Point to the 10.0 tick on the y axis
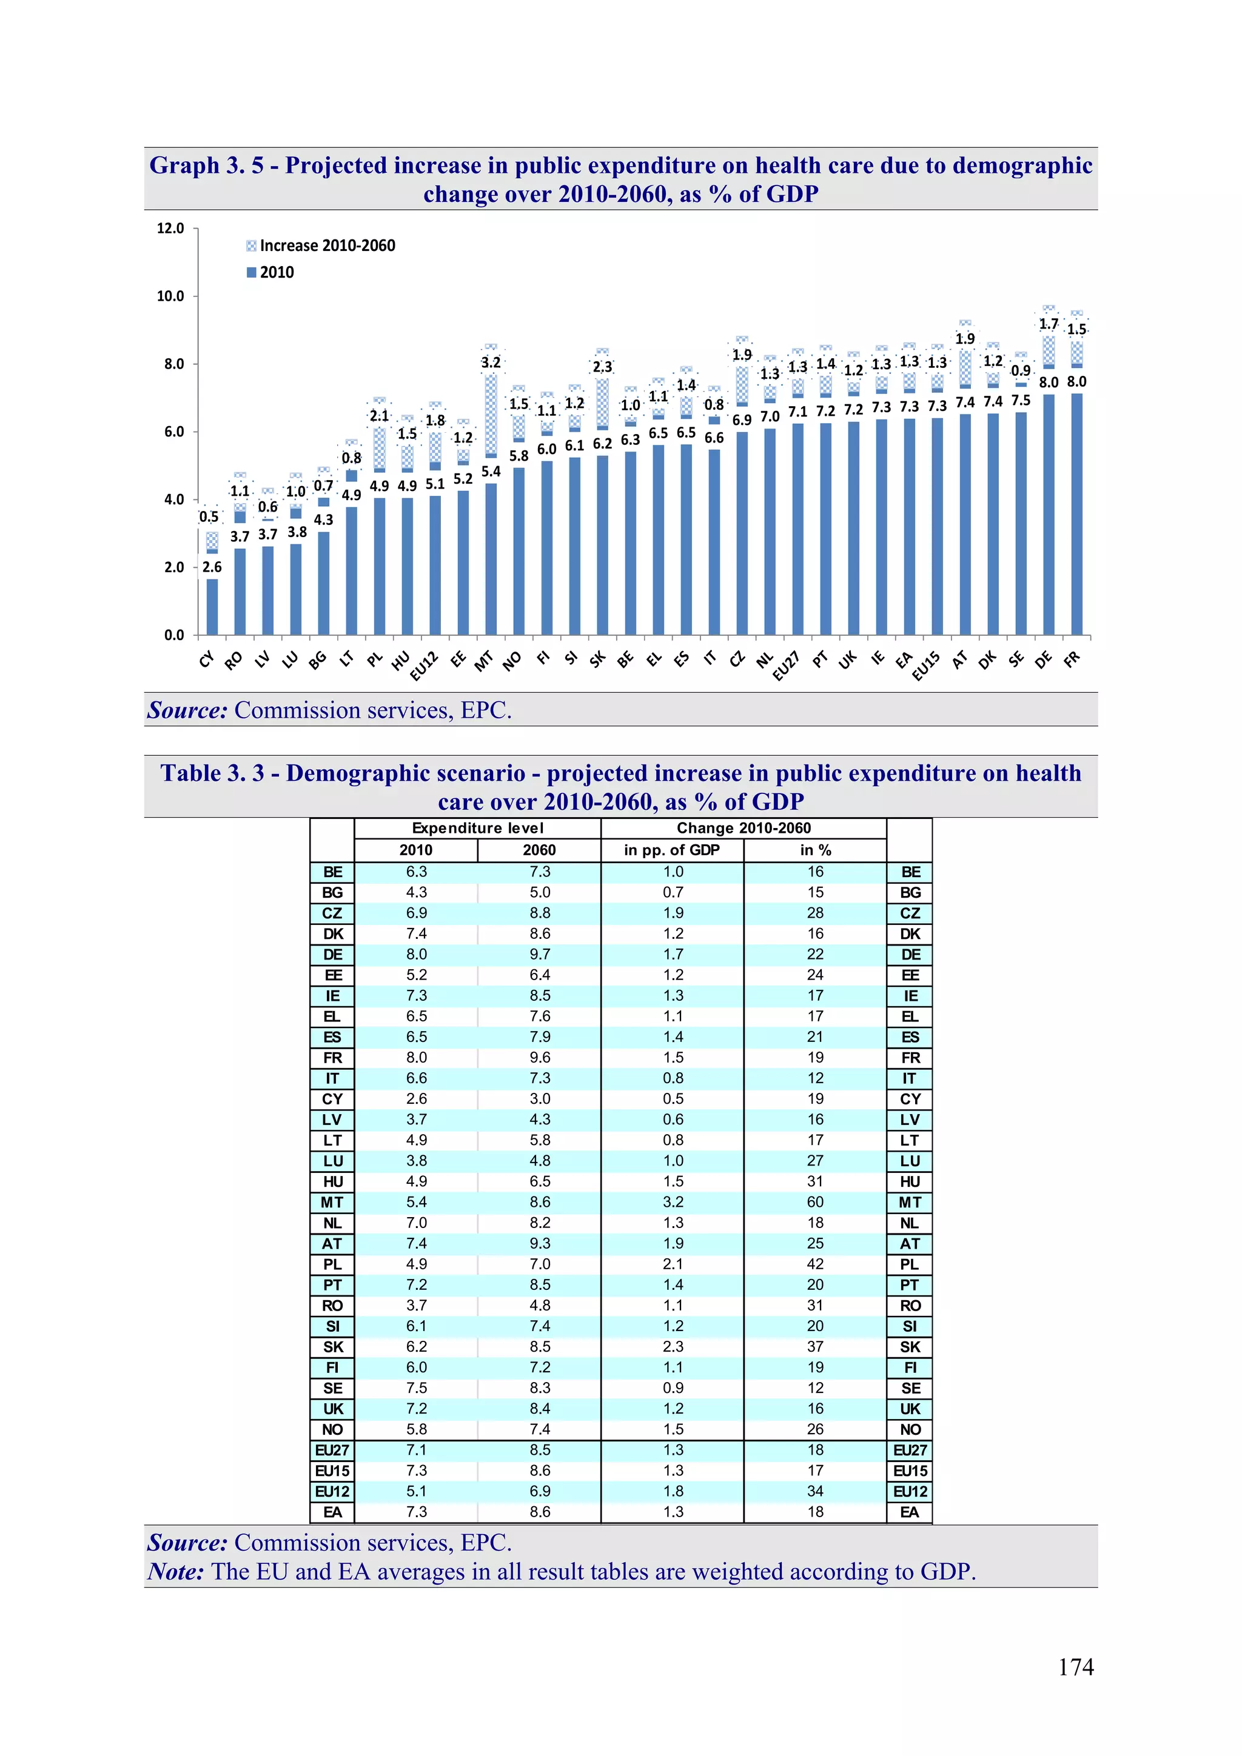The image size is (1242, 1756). pyautogui.click(x=170, y=296)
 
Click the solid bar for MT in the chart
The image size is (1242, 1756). pyautogui.click(x=491, y=558)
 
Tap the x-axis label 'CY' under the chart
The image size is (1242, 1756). pyautogui.click(x=207, y=659)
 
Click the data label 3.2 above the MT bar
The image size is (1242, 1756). pyautogui.click(x=491, y=362)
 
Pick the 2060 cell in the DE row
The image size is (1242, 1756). pyautogui.click(x=540, y=955)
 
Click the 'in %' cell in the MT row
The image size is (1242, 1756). pyautogui.click(x=815, y=1202)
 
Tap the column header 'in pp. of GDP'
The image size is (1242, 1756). pyautogui.click(x=672, y=850)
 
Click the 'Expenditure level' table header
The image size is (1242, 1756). pyautogui.click(x=477, y=828)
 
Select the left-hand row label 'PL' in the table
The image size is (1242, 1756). pyautogui.click(x=332, y=1264)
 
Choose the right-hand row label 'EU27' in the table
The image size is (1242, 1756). pyautogui.click(x=910, y=1450)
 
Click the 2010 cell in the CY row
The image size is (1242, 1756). pyautogui.click(x=416, y=1099)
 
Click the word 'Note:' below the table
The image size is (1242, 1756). pyautogui.click(x=175, y=1572)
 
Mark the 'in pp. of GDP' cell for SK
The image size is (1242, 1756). pyautogui.click(x=673, y=1347)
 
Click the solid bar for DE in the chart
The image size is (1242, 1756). pyautogui.click(x=1049, y=514)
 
